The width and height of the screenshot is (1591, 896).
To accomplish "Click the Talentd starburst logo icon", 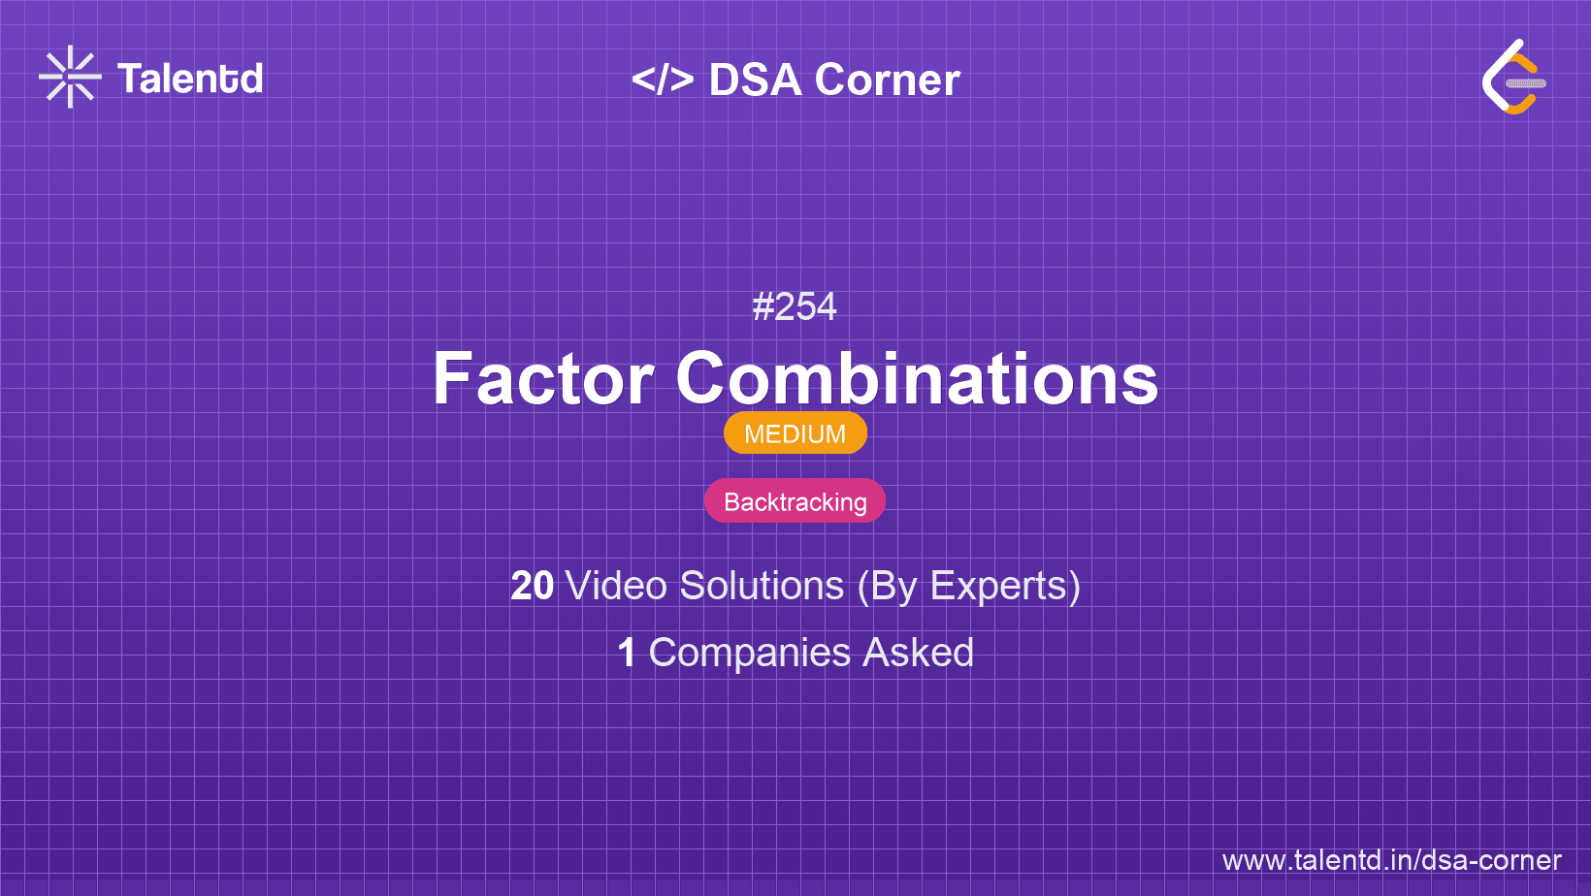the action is tap(70, 77).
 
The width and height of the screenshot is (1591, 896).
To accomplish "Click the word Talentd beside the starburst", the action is tap(190, 79).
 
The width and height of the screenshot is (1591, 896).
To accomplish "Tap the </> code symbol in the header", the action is tap(662, 80).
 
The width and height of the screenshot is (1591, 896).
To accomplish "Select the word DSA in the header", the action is tap(755, 80).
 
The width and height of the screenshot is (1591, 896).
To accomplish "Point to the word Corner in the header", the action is tap(887, 80).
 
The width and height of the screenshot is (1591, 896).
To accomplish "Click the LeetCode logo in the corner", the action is tap(1513, 77).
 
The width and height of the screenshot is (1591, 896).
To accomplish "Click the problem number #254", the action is tap(795, 306).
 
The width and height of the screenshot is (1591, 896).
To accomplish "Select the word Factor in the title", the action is tap(543, 378).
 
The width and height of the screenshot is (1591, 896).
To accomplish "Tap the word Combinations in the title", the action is tap(917, 378).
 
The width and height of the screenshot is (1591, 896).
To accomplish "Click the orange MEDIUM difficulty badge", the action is tap(795, 433).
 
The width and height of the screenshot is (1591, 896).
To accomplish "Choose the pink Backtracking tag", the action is tap(795, 501).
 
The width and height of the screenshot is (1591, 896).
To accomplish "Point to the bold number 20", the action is tap(532, 586).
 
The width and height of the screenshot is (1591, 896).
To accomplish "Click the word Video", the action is tap(617, 586).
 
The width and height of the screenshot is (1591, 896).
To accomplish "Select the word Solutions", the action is tap(763, 586).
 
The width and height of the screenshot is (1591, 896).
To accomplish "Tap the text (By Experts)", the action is tap(969, 587).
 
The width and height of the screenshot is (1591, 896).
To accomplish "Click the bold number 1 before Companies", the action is tap(627, 653).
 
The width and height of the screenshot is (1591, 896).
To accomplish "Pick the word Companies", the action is tap(749, 654).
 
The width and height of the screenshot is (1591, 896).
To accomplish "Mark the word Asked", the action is tap(918, 653).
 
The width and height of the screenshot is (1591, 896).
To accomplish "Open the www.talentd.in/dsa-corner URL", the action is tap(1391, 860).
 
